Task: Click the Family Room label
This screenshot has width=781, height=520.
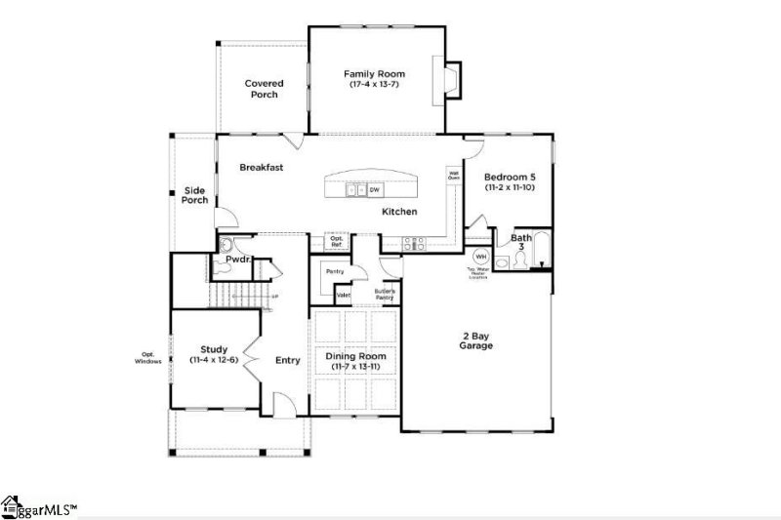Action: coord(374,74)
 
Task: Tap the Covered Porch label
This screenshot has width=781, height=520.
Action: coord(264,89)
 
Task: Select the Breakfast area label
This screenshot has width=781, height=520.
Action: coord(262,168)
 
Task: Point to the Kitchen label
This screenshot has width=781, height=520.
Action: coord(399,212)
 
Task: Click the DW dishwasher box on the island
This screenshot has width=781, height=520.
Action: coord(374,190)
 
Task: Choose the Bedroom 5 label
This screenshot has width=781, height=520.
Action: coord(510,177)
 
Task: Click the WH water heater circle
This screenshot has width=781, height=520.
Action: coord(481,257)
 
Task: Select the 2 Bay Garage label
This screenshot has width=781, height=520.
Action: coord(476,340)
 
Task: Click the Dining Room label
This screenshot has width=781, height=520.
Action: coord(355,357)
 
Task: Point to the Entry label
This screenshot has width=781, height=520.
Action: coord(287,360)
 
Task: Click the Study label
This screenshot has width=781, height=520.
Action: coord(214,349)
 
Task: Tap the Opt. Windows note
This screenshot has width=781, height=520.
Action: coord(148,358)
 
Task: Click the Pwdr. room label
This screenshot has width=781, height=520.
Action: coord(238,260)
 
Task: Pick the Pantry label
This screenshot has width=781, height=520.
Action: coord(334,271)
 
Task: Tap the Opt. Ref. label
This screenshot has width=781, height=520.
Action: coord(337,240)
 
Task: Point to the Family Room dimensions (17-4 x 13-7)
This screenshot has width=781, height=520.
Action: coord(374,85)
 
